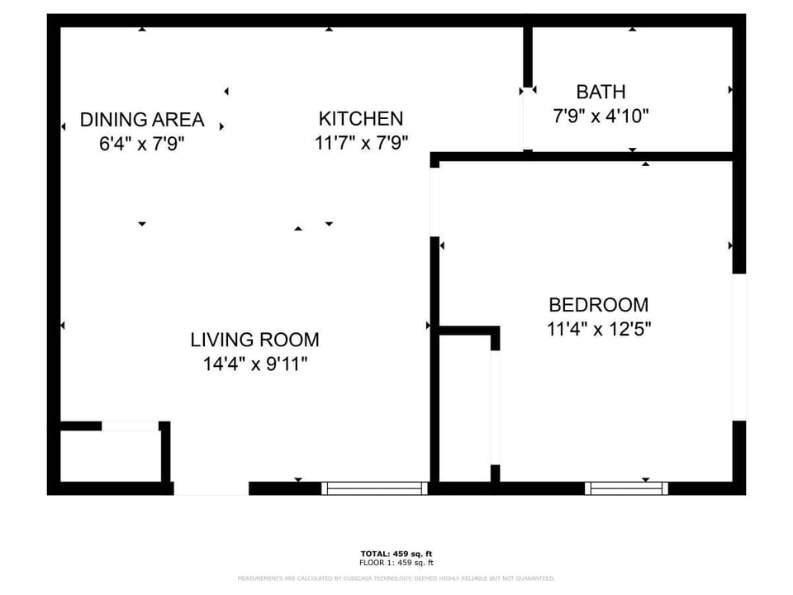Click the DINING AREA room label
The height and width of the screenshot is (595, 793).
(x=141, y=120)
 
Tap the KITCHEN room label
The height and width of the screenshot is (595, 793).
(x=361, y=119)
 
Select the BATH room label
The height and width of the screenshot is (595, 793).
(x=601, y=92)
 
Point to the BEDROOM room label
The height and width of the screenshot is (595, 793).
(x=599, y=304)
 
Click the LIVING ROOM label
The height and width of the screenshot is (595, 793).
(x=254, y=340)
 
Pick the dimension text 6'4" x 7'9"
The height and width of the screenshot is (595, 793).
(x=141, y=144)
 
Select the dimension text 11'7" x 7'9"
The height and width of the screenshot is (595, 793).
(x=361, y=143)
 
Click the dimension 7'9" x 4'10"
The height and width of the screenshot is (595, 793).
(x=601, y=117)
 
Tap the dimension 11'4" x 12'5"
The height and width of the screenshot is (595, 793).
(x=599, y=329)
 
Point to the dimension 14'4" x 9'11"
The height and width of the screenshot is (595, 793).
(x=254, y=364)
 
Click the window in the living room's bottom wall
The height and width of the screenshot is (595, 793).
(x=374, y=488)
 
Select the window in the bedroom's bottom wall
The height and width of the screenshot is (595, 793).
(x=626, y=488)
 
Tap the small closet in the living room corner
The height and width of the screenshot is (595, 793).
(x=111, y=455)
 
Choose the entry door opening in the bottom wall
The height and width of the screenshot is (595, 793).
(x=211, y=488)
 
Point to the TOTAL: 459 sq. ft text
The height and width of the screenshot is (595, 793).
(x=396, y=554)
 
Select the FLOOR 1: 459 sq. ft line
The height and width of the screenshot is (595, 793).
(x=396, y=563)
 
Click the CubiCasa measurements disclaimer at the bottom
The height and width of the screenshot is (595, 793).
(x=396, y=578)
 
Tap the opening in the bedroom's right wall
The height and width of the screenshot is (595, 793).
(x=738, y=346)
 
